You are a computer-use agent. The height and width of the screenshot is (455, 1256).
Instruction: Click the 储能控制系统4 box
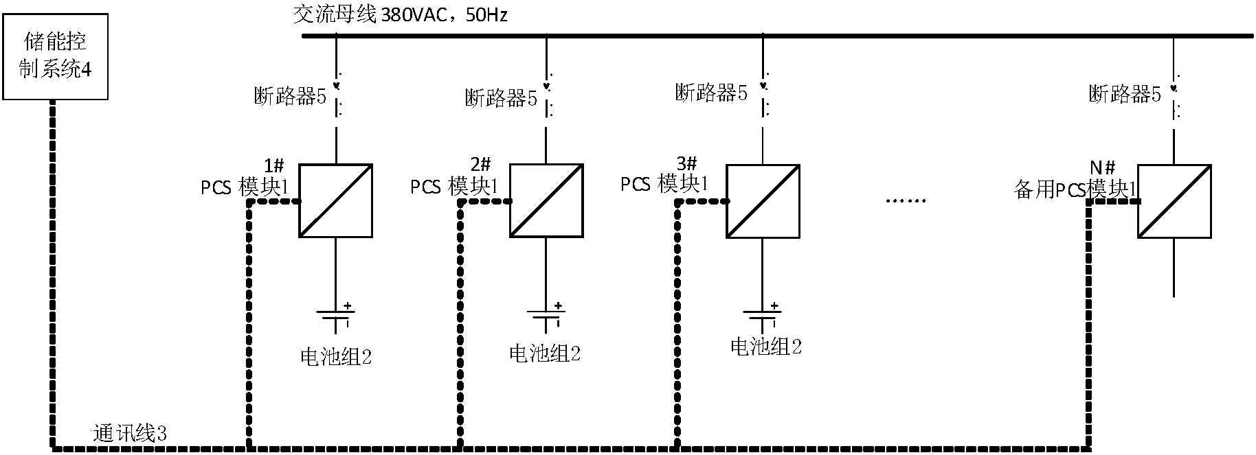coord(55,56)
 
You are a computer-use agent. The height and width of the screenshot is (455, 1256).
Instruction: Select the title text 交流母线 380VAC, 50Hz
coord(400,14)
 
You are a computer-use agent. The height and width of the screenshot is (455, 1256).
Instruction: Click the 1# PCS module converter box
coord(335,201)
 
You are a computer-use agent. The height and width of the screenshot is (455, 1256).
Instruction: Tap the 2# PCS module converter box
coord(546,201)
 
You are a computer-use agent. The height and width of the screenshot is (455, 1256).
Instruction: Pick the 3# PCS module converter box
coord(763,201)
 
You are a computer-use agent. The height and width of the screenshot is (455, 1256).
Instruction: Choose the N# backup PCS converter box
coord(1174,201)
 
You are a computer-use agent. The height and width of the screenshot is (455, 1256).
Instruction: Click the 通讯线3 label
coord(130,434)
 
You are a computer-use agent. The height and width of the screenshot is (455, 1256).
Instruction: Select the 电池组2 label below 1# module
coord(336,356)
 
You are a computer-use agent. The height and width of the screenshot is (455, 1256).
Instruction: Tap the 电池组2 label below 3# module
coord(765,346)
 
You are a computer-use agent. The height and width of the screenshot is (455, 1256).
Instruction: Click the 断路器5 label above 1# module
coord(290,97)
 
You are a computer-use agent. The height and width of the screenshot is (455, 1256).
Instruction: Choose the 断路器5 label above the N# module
coord(1125,94)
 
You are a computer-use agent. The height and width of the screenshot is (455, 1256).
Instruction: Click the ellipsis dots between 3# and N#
coord(906,200)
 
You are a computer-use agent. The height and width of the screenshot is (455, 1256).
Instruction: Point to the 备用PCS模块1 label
coord(1074,190)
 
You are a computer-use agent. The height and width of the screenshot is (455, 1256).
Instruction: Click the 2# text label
coord(480,165)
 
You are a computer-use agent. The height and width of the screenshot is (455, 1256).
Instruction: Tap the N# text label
coord(1103,167)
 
